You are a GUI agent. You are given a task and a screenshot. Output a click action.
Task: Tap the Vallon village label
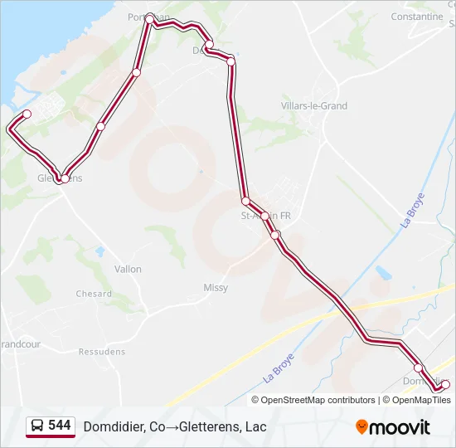click(x=128, y=269)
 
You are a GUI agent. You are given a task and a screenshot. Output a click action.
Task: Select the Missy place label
click(x=216, y=288)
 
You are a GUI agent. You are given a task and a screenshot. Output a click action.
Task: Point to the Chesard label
click(x=94, y=294)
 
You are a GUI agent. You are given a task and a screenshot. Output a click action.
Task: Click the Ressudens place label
click(x=102, y=352)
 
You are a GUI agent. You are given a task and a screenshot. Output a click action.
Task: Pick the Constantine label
click(x=416, y=16)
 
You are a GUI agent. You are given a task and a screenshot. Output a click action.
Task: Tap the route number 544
click(x=59, y=426)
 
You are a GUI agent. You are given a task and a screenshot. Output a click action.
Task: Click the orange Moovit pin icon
click(x=361, y=427)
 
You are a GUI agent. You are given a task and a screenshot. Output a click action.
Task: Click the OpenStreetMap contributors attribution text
click(x=318, y=400)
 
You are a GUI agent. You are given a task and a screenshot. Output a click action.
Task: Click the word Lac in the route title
click(x=255, y=426)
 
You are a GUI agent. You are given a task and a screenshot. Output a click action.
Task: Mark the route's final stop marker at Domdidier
click(x=445, y=384)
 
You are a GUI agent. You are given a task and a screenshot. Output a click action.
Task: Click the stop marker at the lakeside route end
click(x=27, y=114)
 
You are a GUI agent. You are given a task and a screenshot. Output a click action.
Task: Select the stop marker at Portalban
click(x=150, y=18)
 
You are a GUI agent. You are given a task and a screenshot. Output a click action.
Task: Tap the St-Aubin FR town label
click(x=265, y=216)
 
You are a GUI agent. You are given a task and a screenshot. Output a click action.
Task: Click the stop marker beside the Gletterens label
click(x=65, y=178)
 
